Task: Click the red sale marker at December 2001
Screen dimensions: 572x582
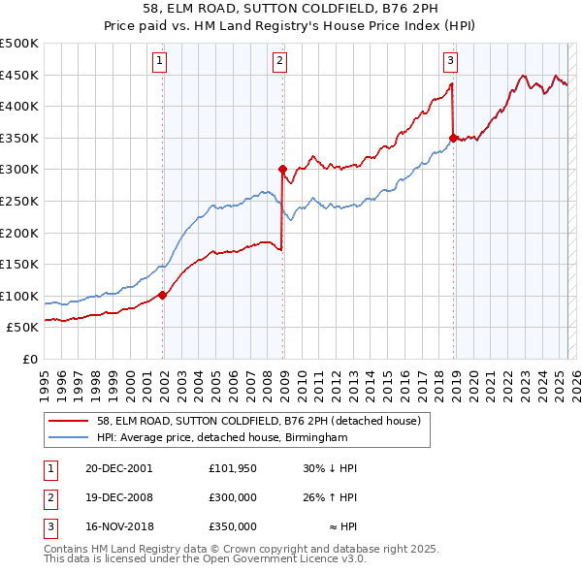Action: coord(162,295)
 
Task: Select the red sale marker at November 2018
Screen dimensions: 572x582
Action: coord(453,138)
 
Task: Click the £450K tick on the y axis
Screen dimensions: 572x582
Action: coord(19,76)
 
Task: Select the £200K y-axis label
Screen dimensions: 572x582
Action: coord(19,233)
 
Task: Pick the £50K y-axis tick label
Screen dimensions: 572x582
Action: coord(23,328)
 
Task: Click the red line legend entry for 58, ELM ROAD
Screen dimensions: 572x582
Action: coord(258,422)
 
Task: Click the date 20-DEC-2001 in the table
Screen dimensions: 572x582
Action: coord(119,467)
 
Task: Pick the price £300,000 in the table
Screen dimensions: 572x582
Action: coord(233,497)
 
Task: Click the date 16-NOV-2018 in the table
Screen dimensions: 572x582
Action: coord(119,527)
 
